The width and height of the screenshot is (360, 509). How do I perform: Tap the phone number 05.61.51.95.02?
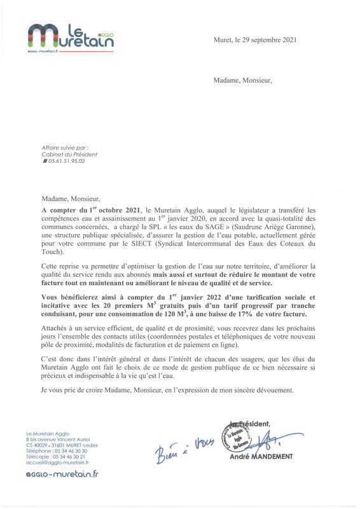[x=65, y=162]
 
